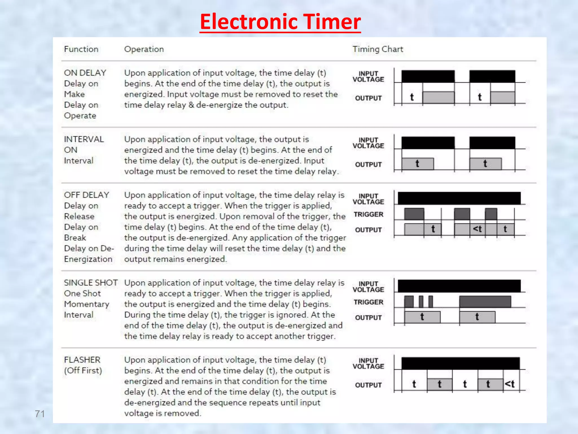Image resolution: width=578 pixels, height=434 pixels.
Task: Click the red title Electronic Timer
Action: tap(280, 22)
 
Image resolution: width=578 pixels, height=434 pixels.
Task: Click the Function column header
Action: tap(81, 49)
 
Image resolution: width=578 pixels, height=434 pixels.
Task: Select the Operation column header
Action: tap(144, 49)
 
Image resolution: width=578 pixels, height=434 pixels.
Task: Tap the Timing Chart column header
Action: tap(378, 49)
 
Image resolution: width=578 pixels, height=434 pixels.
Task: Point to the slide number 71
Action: tap(40, 414)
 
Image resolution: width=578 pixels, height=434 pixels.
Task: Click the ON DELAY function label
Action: tap(85, 73)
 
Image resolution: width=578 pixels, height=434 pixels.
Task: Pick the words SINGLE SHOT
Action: tap(91, 283)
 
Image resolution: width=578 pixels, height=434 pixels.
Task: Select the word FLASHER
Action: tap(82, 360)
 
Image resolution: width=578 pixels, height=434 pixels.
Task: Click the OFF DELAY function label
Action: tap(86, 195)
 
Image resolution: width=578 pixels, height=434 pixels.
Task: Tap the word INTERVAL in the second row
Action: tap(84, 139)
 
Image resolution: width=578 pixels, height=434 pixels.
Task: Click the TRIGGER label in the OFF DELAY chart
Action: tap(368, 214)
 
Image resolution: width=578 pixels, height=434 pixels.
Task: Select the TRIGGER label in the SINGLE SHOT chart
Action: tap(368, 302)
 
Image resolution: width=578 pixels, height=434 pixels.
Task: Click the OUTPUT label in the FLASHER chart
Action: tap(368, 385)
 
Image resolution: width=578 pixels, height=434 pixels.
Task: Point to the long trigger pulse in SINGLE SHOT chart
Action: tap(485, 302)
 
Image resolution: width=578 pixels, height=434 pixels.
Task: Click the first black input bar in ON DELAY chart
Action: tap(428, 76)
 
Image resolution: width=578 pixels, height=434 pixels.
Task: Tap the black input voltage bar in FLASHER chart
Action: tap(460, 363)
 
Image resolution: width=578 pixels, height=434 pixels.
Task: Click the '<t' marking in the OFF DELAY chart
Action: tap(477, 229)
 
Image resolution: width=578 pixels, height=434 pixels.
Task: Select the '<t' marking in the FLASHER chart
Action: tap(510, 384)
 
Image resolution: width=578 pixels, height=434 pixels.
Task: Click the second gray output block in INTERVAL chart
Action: tap(485, 164)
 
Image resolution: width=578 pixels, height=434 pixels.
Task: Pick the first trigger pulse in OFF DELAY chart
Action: tap(414, 214)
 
